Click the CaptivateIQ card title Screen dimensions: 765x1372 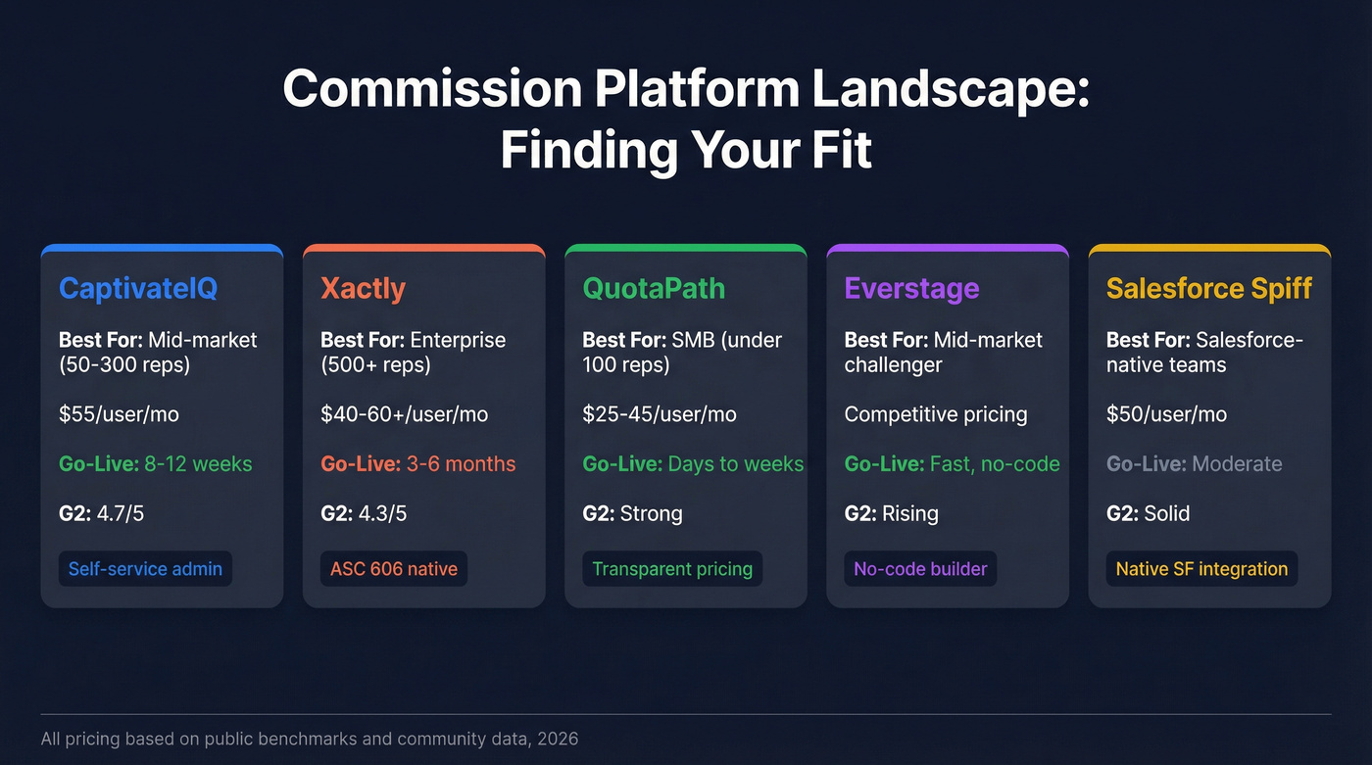(137, 288)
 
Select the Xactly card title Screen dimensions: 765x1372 (363, 288)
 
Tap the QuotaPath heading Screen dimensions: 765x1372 (654, 288)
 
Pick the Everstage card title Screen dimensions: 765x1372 (911, 288)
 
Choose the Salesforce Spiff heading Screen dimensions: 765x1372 (1208, 288)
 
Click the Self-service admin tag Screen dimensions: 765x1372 (145, 569)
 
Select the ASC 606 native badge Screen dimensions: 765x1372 (393, 569)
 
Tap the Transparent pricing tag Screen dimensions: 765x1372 (672, 569)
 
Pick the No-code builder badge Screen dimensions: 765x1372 (920, 569)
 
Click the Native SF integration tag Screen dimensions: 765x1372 (1201, 569)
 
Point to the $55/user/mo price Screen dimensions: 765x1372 (119, 414)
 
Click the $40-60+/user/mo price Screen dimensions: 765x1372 (404, 414)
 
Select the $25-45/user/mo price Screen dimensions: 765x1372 (659, 414)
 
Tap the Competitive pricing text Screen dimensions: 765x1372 (935, 414)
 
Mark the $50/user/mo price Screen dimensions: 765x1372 (1166, 414)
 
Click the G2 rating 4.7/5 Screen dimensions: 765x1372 (101, 513)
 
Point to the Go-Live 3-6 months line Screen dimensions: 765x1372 (417, 463)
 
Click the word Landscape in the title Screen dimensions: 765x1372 (950, 90)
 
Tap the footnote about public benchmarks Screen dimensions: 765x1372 (309, 739)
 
